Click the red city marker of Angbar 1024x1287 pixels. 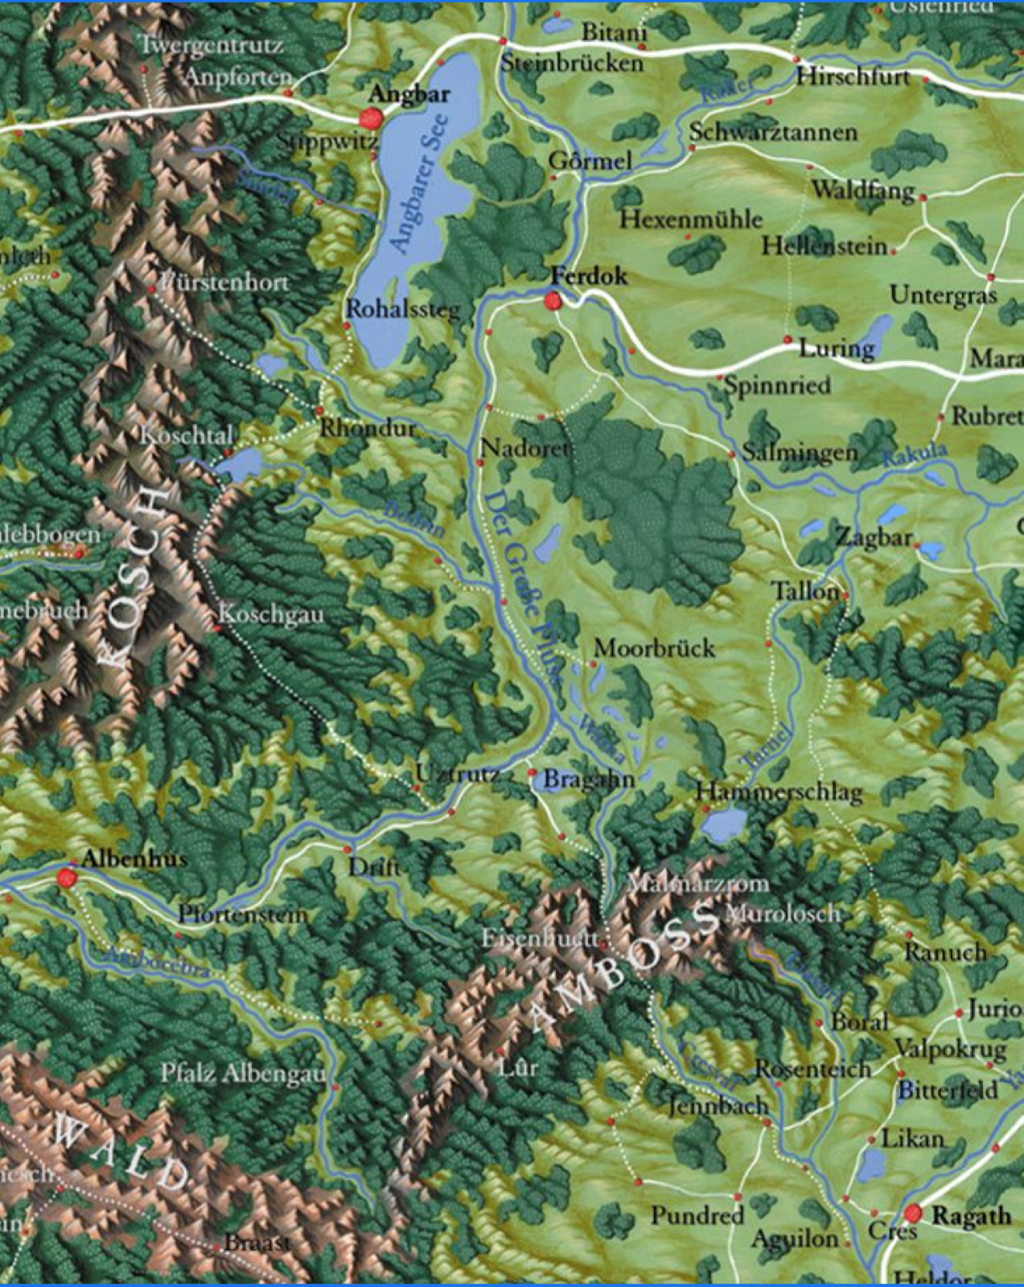tap(371, 119)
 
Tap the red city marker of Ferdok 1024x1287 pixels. tap(553, 302)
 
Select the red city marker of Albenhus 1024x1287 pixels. tap(66, 878)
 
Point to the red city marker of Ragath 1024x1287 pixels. tap(913, 1214)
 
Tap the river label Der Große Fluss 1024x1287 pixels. tap(524, 587)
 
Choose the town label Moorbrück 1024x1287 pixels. tap(654, 648)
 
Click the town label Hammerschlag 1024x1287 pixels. tap(779, 792)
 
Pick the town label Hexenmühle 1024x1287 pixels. tap(690, 219)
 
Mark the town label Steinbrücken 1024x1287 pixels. tap(572, 64)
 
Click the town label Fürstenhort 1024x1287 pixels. tap(223, 282)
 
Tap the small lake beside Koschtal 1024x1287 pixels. tap(240, 464)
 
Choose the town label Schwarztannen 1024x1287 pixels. tap(773, 133)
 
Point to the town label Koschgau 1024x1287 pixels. tap(271, 615)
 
